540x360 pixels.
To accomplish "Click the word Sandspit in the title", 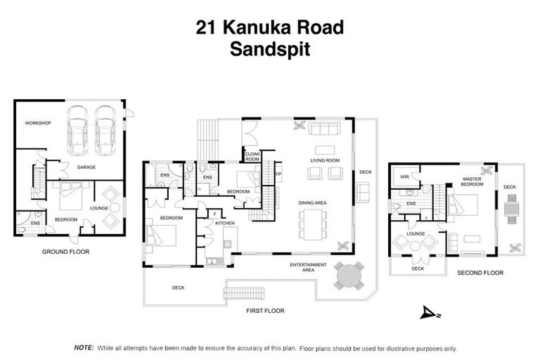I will (269, 50).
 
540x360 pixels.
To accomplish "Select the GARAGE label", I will (87, 167).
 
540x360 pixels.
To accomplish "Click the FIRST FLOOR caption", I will (264, 309).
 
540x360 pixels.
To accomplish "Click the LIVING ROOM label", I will (325, 161).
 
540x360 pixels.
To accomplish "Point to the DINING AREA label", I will (313, 203).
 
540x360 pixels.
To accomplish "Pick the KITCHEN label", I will (224, 223).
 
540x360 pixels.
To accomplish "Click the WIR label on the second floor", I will (404, 177).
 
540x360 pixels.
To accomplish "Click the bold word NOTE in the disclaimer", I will (84, 347).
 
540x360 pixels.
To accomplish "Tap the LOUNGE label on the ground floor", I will (98, 209).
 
